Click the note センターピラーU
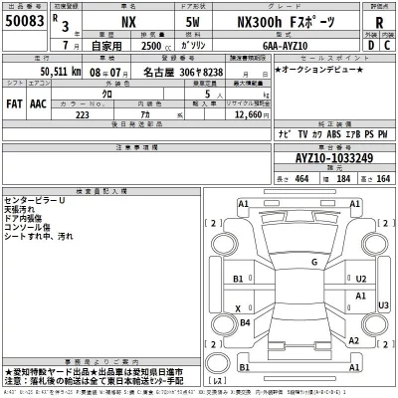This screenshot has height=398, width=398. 34,199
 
